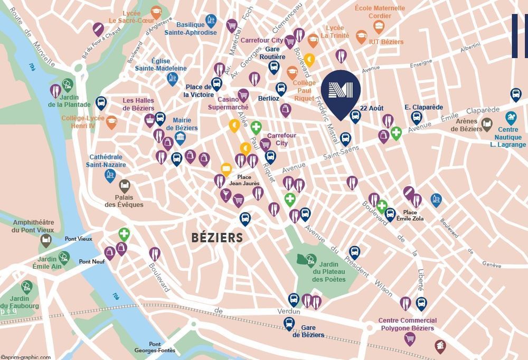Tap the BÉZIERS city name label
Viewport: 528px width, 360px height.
point(218,238)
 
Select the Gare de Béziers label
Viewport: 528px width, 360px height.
point(308,331)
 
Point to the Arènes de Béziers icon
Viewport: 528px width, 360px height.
point(487,125)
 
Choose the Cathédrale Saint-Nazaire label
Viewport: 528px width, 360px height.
point(108,161)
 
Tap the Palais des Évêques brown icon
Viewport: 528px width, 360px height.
point(125,185)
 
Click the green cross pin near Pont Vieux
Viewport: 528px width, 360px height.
point(124,233)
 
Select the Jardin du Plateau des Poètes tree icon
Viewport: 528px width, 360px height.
point(310,259)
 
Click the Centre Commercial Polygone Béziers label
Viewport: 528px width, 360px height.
point(407,324)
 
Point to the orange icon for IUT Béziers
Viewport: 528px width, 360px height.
point(362,36)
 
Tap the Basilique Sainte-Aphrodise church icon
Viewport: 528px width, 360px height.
point(211,21)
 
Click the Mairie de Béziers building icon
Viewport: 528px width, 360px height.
point(180,139)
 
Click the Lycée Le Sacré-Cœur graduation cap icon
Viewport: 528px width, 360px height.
point(156,12)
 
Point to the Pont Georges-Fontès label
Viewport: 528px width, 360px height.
point(162,347)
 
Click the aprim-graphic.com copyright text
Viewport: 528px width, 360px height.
point(26,357)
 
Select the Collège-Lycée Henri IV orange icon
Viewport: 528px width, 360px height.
point(111,122)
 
